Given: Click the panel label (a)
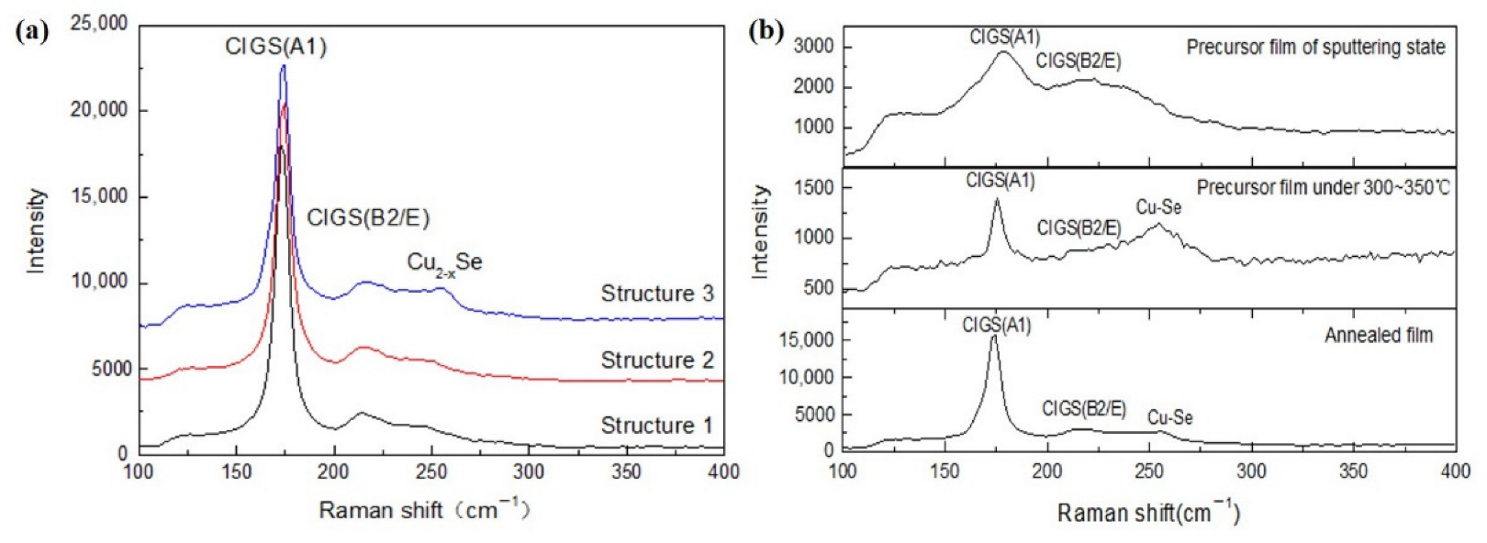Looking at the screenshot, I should coord(32,32).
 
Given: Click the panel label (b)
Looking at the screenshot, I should coord(766,32).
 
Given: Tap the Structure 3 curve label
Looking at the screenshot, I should coord(656,294).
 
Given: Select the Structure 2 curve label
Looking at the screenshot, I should coord(656,360).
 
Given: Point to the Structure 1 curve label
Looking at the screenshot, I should coord(656,426).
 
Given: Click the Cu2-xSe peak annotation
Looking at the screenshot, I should coord(444,263).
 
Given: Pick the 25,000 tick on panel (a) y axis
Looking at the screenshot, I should coord(99,24).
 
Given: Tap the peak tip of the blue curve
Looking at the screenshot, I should coord(284,65).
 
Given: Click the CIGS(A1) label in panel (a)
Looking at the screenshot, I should coord(275,46).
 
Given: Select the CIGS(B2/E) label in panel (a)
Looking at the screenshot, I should coord(368,218).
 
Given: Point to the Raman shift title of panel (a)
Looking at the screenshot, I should coord(424,510).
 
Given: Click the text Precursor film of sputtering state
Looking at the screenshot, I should coord(1315,47).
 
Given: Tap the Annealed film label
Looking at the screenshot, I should coord(1378,336).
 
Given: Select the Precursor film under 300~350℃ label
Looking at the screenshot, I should coord(1323,188).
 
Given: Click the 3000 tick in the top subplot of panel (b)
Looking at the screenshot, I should coord(813,46).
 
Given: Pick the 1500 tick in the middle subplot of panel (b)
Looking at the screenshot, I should coord(813,188).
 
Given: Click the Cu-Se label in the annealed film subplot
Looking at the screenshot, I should coord(1169,418).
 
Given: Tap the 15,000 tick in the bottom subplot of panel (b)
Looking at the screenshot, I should coord(806,340).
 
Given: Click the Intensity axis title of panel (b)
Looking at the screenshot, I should coord(760,231).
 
